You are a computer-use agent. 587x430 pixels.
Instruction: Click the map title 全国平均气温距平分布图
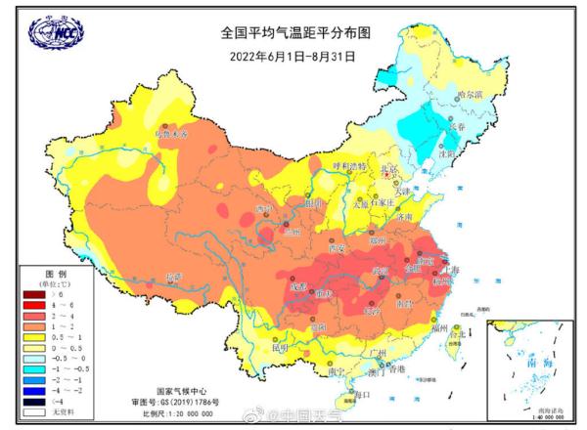click(293, 32)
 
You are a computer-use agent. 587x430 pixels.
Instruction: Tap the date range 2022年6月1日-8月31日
click(293, 55)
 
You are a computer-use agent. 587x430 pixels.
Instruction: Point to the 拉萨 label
click(174, 278)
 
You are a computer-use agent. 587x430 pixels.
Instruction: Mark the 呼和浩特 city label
click(348, 167)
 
